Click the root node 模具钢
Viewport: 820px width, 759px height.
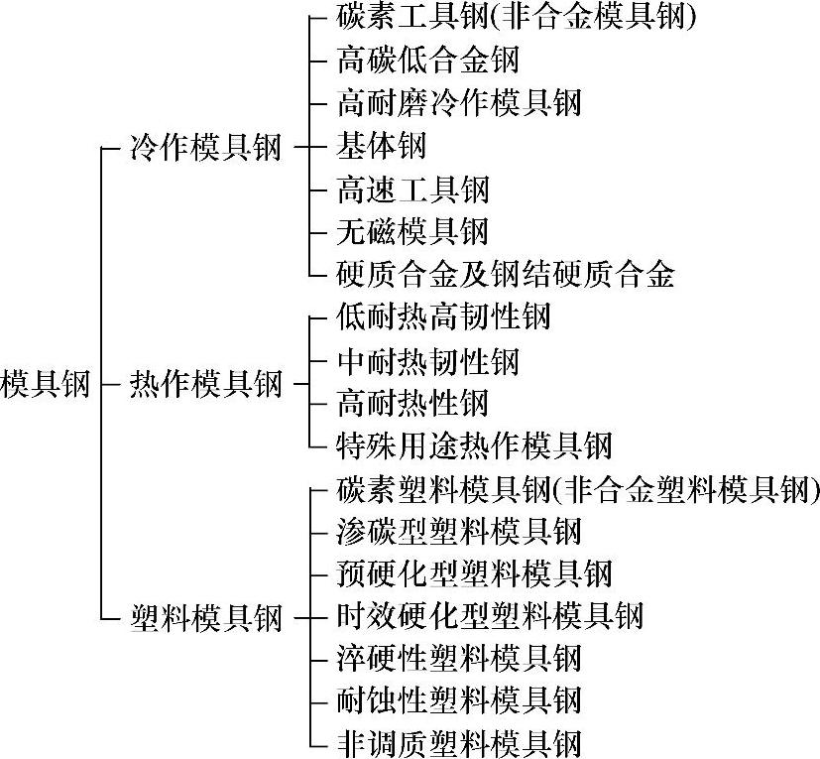pos(46,383)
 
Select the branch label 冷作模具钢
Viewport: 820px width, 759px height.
pos(206,149)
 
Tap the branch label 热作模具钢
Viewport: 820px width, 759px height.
pos(206,383)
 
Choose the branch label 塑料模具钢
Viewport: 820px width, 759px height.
pos(206,617)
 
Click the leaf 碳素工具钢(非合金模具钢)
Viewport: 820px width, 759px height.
pos(516,17)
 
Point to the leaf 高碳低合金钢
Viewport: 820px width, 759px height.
pos(428,60)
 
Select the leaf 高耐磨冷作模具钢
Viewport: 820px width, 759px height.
pos(459,102)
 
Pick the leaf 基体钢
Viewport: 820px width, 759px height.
pos(382,146)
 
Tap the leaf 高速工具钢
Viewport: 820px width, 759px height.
pos(412,189)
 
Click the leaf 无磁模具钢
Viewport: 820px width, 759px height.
pos(412,231)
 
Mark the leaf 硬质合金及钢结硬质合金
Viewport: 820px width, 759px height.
pos(506,274)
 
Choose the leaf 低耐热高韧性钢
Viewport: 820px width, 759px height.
pos(443,317)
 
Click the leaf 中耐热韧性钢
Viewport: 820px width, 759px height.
pos(428,360)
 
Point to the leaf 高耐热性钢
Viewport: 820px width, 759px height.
pos(412,403)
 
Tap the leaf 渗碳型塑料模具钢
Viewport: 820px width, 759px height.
pos(459,531)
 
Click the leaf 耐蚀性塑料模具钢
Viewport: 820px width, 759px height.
pos(459,699)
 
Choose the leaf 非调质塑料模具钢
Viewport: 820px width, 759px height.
pos(459,742)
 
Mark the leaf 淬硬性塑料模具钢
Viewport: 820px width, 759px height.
pos(459,658)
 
